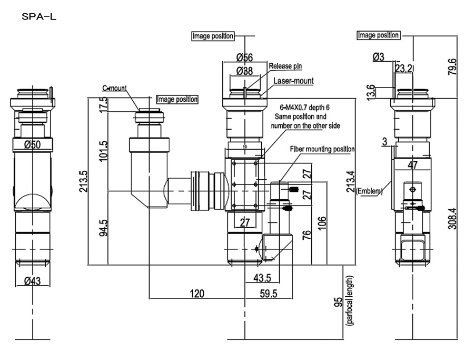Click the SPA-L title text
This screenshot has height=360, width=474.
38,17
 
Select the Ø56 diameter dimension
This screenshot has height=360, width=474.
244,57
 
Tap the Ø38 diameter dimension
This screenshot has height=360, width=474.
244,71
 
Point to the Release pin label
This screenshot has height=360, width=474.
285,66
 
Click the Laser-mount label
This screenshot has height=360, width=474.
293,81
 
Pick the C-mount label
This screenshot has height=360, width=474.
114,88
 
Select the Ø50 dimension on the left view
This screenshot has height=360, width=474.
32,144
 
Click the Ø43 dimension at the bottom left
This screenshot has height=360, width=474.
32,281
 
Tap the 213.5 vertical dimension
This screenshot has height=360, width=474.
83,181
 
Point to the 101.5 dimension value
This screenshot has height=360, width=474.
103,151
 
